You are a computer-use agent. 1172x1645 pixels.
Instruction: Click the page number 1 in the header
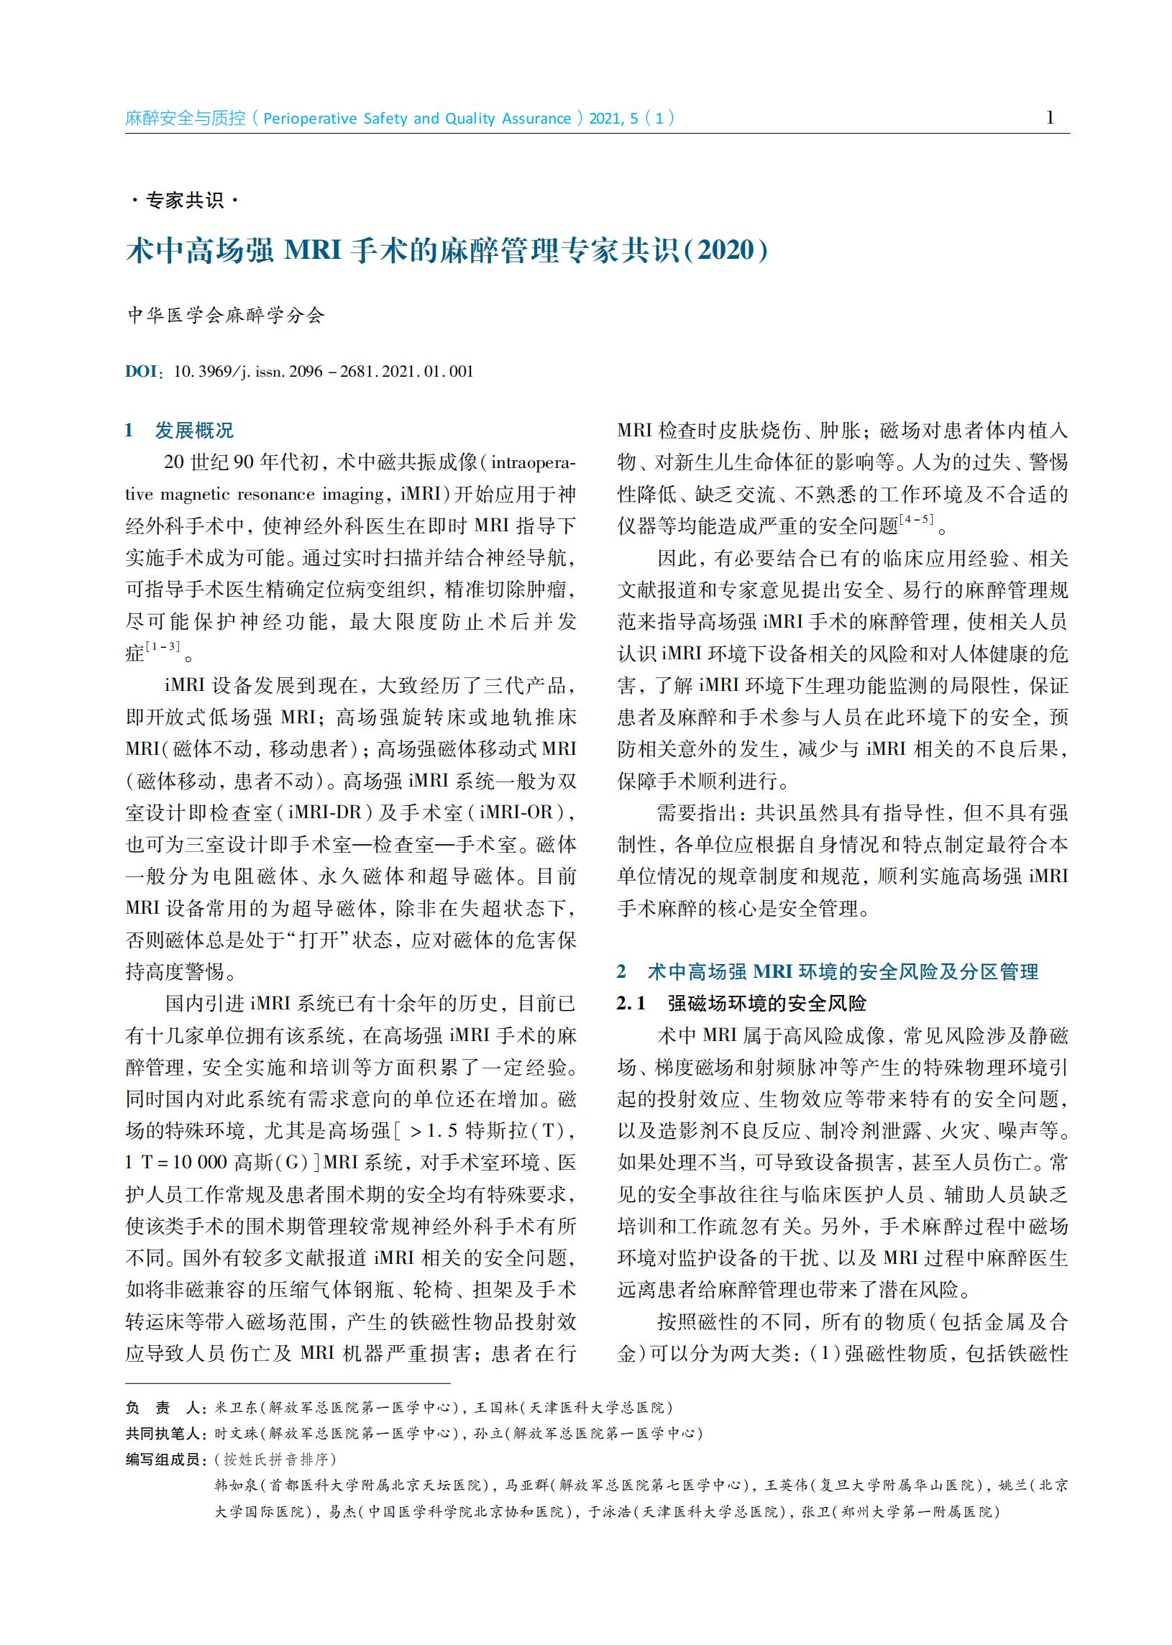1049,118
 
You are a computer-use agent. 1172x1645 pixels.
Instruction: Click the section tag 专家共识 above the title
185,200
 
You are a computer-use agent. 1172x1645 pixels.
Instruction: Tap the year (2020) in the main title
725,250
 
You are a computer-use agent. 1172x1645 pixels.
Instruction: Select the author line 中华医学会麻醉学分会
226,316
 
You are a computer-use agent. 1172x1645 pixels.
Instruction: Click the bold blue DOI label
142,372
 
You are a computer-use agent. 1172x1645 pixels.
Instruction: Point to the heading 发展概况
194,431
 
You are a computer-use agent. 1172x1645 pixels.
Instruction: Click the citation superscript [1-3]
162,647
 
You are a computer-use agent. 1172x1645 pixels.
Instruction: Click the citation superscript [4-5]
916,520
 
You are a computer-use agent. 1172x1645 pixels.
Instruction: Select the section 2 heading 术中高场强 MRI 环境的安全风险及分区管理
842,972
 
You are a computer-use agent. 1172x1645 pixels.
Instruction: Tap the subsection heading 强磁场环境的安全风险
766,1004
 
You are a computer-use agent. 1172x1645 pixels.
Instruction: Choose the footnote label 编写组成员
163,1460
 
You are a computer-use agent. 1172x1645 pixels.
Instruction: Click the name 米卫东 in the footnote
230,1408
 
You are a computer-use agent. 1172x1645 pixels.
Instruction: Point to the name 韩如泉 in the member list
231,1485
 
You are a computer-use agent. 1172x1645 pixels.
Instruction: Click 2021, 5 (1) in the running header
631,119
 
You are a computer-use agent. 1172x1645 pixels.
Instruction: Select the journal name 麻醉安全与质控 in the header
186,119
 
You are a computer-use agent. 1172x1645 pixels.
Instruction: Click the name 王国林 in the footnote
491,1408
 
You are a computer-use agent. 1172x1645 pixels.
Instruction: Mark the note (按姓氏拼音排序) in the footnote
275,1460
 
